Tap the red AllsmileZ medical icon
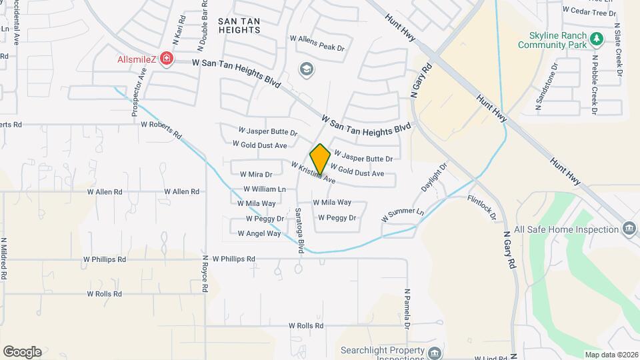tap(165, 60)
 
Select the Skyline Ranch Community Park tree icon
tap(598, 40)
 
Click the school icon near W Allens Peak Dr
tap(307, 69)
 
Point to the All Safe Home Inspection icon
tap(628, 229)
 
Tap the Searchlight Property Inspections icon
tap(435, 352)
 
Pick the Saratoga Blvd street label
tap(300, 230)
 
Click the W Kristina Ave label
tap(313, 171)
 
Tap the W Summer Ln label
tap(402, 215)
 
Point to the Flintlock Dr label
tap(481, 207)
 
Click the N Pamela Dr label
tap(405, 309)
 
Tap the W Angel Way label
tap(259, 233)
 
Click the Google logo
tap(22, 351)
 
